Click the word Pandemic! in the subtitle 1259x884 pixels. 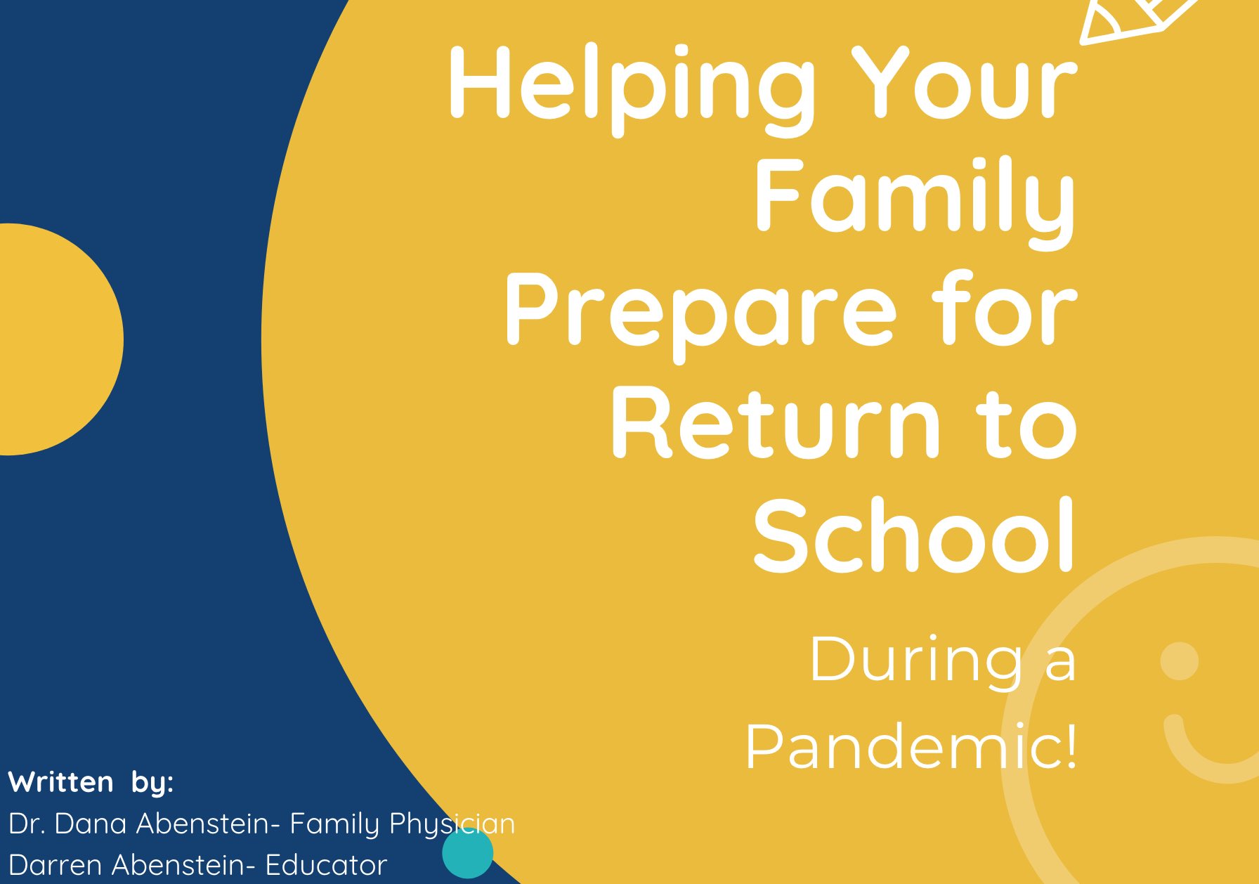[x=911, y=746]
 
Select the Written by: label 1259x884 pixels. [x=91, y=783]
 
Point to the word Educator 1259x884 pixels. [x=326, y=865]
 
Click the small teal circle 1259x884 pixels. [x=467, y=853]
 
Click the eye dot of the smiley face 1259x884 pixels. [x=1180, y=661]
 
